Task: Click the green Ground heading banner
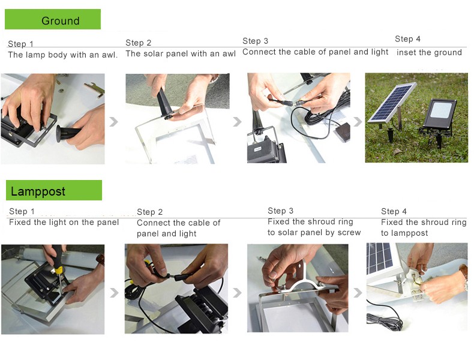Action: [x=53, y=19]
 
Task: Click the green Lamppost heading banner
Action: [x=54, y=190]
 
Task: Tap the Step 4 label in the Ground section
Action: [x=407, y=39]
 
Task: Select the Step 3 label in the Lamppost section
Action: [x=281, y=211]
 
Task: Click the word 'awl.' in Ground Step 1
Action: [x=109, y=55]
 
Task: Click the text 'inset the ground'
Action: [x=429, y=53]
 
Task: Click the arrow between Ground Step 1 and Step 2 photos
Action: [x=113, y=122]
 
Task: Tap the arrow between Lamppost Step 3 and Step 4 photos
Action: [x=358, y=293]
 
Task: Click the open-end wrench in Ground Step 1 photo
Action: [x=95, y=90]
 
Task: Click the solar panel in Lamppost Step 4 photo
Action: [x=379, y=259]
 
